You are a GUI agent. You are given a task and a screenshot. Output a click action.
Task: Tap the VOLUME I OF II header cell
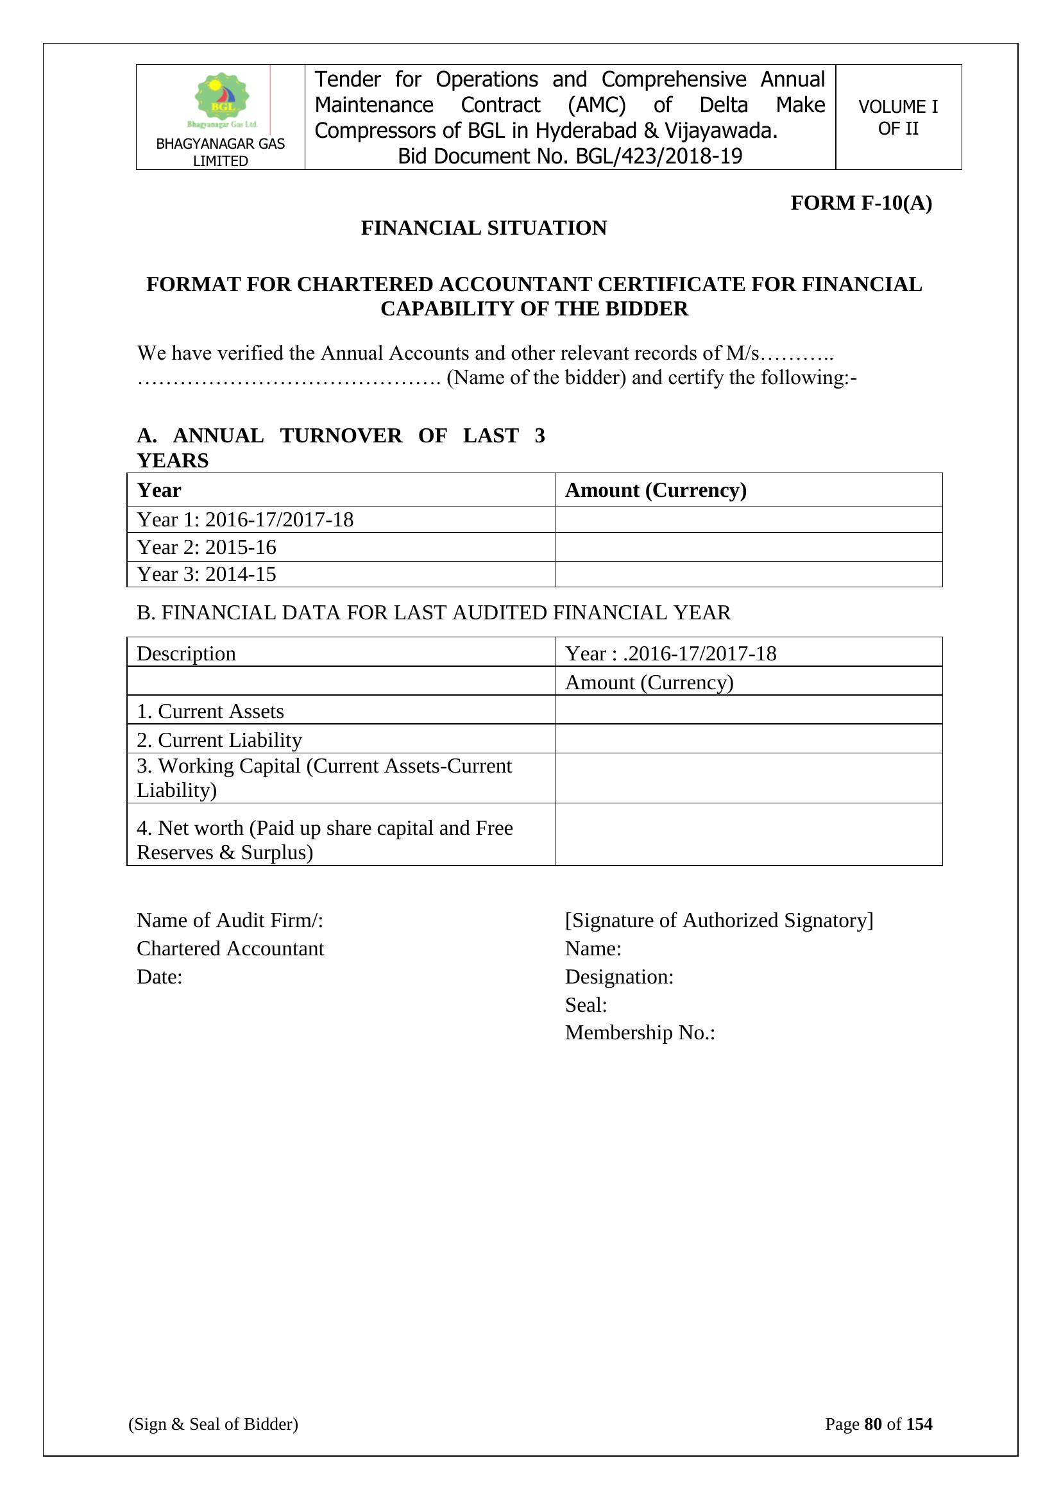click(897, 117)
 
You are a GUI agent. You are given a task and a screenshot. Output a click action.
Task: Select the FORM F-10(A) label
click(860, 203)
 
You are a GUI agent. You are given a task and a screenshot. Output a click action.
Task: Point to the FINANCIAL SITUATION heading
click(484, 228)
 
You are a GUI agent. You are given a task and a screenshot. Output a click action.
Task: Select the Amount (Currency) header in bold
click(656, 490)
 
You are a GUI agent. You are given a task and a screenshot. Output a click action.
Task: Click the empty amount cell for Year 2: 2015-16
click(748, 547)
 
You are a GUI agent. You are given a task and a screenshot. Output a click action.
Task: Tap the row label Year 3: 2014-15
click(207, 574)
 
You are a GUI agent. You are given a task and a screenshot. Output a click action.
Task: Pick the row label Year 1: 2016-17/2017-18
click(245, 520)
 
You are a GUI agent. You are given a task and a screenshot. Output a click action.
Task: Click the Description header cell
click(186, 653)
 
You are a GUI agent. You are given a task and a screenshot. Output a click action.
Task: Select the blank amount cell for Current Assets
click(748, 710)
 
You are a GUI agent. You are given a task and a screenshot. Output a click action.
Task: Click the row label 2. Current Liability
click(219, 741)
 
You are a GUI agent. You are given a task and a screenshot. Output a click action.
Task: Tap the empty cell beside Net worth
click(748, 835)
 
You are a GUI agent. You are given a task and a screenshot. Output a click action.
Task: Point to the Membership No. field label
click(640, 1033)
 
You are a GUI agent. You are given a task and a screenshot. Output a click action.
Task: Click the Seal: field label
click(586, 1005)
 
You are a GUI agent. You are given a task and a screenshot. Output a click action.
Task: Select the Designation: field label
click(618, 976)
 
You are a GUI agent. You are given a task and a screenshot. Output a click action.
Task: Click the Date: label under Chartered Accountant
click(160, 976)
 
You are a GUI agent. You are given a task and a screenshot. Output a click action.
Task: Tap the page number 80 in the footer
click(872, 1424)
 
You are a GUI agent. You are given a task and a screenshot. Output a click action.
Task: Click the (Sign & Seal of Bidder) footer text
click(213, 1424)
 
